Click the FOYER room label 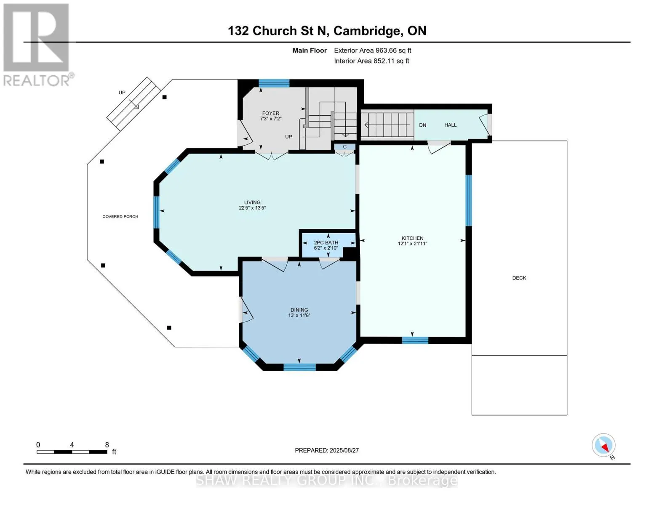[x=270, y=113]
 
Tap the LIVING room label [x=252, y=202]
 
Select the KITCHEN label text [x=412, y=238]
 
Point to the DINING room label [x=299, y=310]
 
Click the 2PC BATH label [x=326, y=242]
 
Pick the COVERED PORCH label [x=120, y=217]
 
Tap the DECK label [x=519, y=278]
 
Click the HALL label [x=450, y=125]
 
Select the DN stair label [x=422, y=125]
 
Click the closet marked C [x=344, y=147]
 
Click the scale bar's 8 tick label [x=107, y=444]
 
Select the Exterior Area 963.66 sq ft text [x=373, y=50]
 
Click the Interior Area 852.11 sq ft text [x=372, y=61]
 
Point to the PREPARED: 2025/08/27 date [x=327, y=450]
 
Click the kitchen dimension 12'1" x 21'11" [x=412, y=244]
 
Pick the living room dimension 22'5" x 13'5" [x=252, y=208]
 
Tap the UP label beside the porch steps [x=122, y=93]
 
